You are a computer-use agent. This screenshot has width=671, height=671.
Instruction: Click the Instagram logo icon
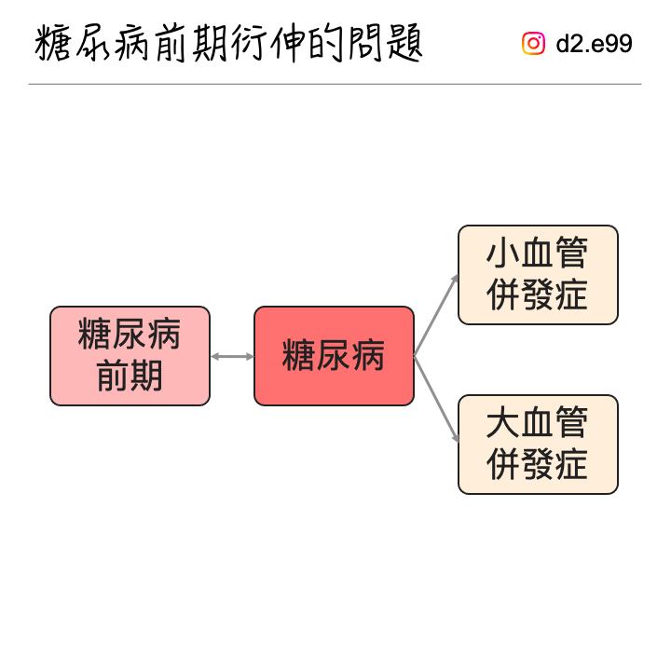point(533,43)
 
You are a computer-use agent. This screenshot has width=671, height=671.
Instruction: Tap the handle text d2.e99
point(594,43)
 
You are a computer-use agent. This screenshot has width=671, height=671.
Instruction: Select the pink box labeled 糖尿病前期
point(130,356)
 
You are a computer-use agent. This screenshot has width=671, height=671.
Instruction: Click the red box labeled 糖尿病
point(334,356)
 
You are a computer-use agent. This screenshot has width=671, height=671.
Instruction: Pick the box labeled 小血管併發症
point(538,275)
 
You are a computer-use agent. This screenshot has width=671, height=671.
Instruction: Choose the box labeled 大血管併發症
point(538,445)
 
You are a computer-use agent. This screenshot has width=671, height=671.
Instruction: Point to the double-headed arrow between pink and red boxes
point(232,356)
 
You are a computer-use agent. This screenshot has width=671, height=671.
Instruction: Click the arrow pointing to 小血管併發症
point(436,315)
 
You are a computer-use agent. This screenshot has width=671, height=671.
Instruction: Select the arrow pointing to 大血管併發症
point(436,399)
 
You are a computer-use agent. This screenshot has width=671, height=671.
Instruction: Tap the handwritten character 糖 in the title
point(52,43)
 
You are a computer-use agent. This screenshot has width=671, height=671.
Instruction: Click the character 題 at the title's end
point(404,43)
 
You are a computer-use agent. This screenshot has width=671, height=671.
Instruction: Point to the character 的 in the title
point(326,43)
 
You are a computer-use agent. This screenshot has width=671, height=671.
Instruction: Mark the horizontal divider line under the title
point(335,84)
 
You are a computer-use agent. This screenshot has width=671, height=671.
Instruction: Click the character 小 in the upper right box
point(502,253)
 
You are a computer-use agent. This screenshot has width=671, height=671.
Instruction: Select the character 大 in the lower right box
point(502,422)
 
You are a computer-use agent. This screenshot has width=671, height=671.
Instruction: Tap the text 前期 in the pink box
point(130,376)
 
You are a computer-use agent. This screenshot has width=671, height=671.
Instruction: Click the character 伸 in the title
point(288,43)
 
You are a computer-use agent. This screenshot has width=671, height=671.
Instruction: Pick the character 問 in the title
point(365,43)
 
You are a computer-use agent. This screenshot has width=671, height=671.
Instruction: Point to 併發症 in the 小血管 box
point(537,294)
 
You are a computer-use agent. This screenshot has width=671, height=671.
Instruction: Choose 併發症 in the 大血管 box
point(537,464)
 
